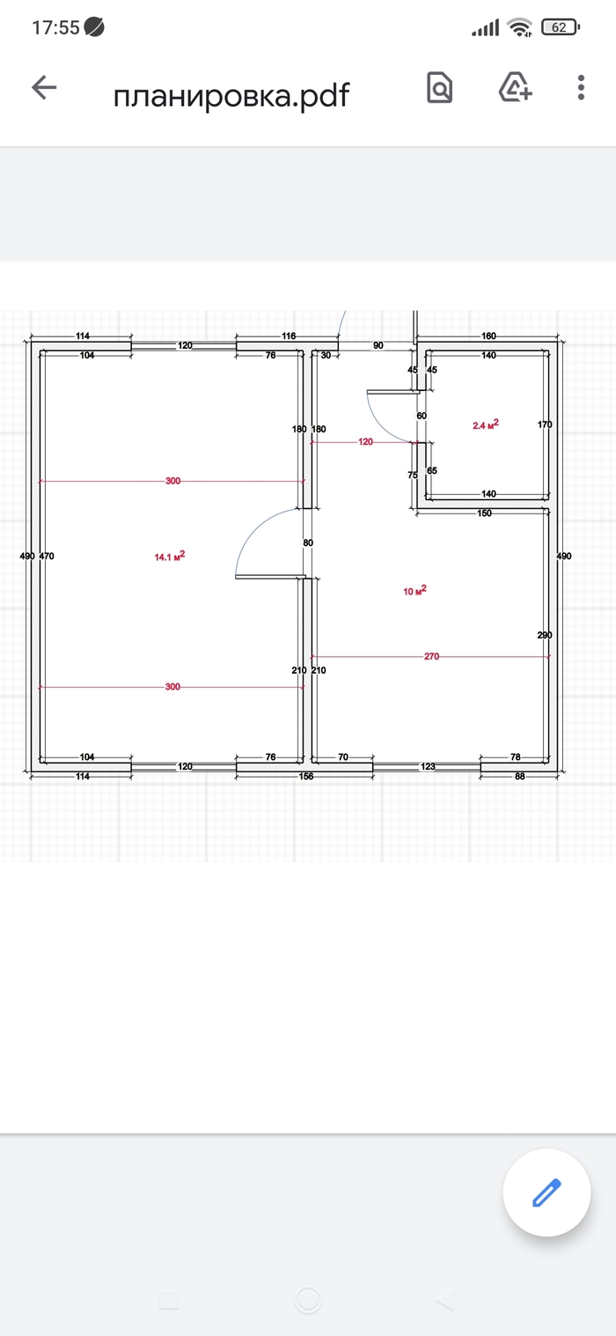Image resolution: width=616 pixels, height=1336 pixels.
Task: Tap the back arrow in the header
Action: [44, 88]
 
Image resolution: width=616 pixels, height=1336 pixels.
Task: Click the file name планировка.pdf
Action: [231, 95]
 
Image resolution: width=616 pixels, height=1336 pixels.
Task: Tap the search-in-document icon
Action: [440, 88]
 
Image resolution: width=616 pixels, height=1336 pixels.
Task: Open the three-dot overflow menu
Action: [581, 88]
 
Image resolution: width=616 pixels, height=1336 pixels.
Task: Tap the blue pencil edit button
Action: [546, 1192]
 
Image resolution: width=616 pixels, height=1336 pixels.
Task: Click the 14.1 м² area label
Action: [170, 557]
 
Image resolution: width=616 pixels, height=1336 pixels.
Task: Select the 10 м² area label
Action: [414, 590]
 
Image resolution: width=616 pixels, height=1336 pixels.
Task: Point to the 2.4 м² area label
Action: [486, 424]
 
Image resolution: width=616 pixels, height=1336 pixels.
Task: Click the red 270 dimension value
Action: [431, 656]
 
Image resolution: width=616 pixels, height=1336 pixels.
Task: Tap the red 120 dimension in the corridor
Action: [365, 441]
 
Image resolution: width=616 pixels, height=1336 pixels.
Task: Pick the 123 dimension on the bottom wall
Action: [428, 766]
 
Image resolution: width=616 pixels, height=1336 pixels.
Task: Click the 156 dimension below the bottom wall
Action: [305, 776]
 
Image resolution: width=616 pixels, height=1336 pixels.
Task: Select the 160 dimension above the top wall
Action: [488, 336]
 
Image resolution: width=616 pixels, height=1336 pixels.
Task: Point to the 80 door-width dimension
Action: [308, 543]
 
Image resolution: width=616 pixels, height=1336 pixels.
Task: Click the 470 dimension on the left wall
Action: [47, 556]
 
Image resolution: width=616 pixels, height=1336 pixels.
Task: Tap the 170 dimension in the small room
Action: [545, 424]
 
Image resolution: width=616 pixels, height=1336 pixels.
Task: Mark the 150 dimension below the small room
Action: [484, 513]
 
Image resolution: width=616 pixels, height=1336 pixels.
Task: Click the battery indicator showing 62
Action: [560, 27]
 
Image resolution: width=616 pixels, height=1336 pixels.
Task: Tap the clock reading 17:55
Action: [55, 27]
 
